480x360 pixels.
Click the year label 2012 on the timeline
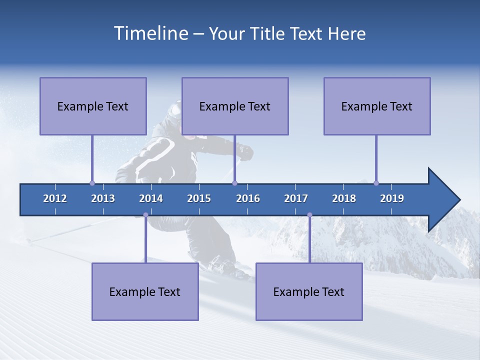(x=55, y=198)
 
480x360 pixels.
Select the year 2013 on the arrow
(x=103, y=198)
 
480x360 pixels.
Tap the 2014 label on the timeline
(x=151, y=198)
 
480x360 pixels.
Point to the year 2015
(x=199, y=198)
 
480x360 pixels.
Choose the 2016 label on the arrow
(x=248, y=198)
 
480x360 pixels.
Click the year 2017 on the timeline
(x=296, y=198)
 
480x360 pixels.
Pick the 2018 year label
(x=344, y=198)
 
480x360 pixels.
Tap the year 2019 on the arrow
(x=392, y=198)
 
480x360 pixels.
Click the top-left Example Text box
(x=93, y=106)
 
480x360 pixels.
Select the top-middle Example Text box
(x=235, y=106)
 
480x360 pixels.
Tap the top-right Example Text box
(x=377, y=106)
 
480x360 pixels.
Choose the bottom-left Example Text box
(x=145, y=291)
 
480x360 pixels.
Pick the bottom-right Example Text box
(x=309, y=291)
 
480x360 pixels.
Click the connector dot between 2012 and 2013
(x=92, y=183)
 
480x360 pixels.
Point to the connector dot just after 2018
(x=376, y=183)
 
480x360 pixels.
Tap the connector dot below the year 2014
(x=145, y=215)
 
